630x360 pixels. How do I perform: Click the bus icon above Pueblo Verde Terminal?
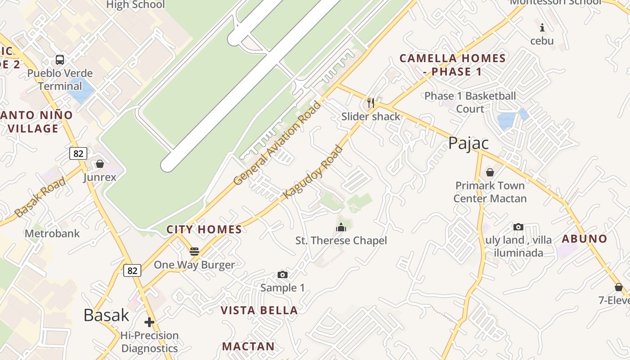click(x=60, y=59)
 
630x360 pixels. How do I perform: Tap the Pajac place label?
click(x=468, y=143)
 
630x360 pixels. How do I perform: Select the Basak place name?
click(x=107, y=315)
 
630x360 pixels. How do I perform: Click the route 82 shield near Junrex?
click(x=78, y=153)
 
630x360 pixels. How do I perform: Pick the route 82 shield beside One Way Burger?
click(x=132, y=270)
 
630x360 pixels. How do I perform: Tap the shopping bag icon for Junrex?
click(x=100, y=164)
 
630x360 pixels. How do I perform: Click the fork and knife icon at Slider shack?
click(x=371, y=103)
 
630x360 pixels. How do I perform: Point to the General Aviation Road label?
click(x=278, y=144)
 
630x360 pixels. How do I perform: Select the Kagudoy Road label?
click(x=313, y=172)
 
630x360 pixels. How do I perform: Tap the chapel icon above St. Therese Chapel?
click(x=341, y=227)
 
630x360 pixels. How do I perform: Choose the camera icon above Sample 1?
click(x=283, y=274)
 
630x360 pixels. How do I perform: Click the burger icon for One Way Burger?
click(x=194, y=251)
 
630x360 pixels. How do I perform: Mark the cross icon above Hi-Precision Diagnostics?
click(x=149, y=322)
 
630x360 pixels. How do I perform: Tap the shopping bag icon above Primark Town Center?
click(x=490, y=172)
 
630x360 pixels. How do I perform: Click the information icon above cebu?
click(x=542, y=27)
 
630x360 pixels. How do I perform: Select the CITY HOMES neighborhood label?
click(x=204, y=229)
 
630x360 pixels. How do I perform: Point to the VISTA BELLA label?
click(x=259, y=310)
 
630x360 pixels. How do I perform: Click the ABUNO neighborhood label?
click(x=584, y=238)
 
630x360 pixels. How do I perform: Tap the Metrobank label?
click(x=52, y=234)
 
